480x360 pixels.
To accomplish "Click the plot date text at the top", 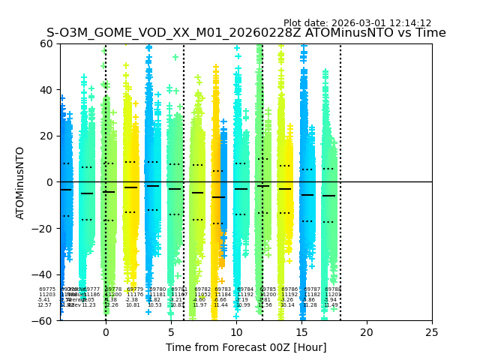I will [357, 23].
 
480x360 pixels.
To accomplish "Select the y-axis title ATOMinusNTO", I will [20, 182].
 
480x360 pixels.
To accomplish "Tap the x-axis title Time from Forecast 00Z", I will [246, 347].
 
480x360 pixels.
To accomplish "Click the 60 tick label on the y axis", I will [47, 43].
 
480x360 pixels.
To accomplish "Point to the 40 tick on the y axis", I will [47, 90].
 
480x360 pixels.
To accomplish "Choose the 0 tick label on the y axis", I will [50, 182].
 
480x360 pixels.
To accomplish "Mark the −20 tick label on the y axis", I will [44, 229].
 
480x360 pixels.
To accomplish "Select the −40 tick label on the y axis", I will [44, 274].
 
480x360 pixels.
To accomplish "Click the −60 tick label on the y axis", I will [44, 321].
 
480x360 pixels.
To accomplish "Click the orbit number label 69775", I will [47, 289].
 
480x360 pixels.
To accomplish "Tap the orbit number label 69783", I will [223, 289].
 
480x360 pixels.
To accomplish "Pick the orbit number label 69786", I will [289, 289].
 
